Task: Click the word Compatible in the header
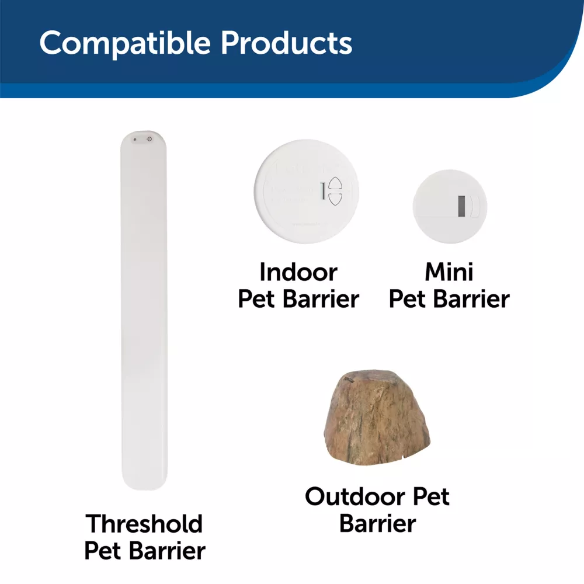click(x=125, y=44)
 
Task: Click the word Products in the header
click(x=286, y=43)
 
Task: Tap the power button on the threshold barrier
click(x=150, y=140)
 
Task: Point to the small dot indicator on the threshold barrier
click(x=135, y=140)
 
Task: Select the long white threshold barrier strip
click(x=144, y=310)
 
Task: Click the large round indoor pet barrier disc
click(x=306, y=192)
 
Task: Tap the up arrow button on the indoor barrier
click(x=335, y=184)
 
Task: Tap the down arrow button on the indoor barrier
click(x=335, y=199)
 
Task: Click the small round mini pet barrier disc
click(x=450, y=206)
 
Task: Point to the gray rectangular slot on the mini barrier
click(x=461, y=206)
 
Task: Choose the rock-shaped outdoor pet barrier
click(x=377, y=417)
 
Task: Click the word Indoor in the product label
click(x=298, y=272)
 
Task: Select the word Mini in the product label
click(x=449, y=272)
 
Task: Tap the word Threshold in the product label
click(x=144, y=524)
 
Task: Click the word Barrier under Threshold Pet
click(x=167, y=551)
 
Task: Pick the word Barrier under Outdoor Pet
click(x=377, y=523)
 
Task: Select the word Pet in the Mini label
click(x=406, y=299)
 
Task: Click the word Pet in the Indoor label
click(x=256, y=299)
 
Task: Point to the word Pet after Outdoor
click(x=432, y=496)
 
